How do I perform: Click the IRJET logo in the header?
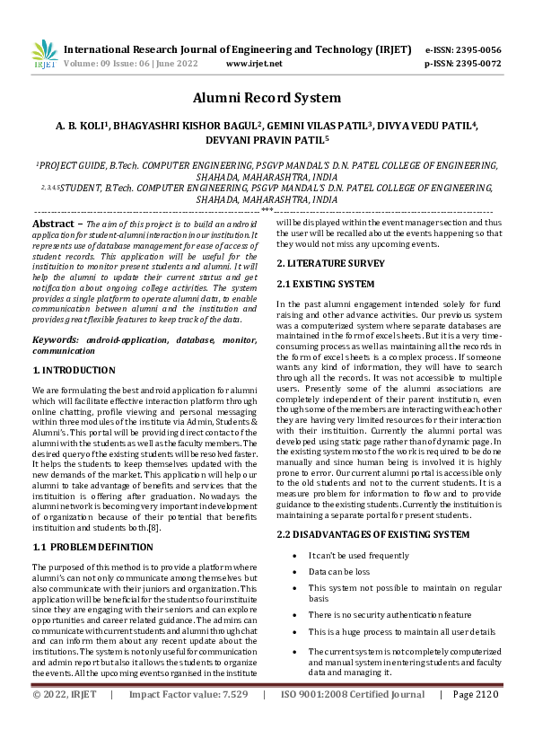[x=44, y=55]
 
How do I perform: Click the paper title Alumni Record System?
[x=267, y=98]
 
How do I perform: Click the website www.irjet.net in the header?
[x=254, y=64]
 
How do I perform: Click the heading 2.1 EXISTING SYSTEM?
[x=325, y=284]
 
